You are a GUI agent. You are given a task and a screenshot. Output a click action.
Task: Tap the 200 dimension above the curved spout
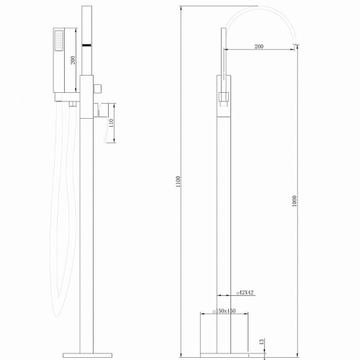[x=258, y=46]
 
